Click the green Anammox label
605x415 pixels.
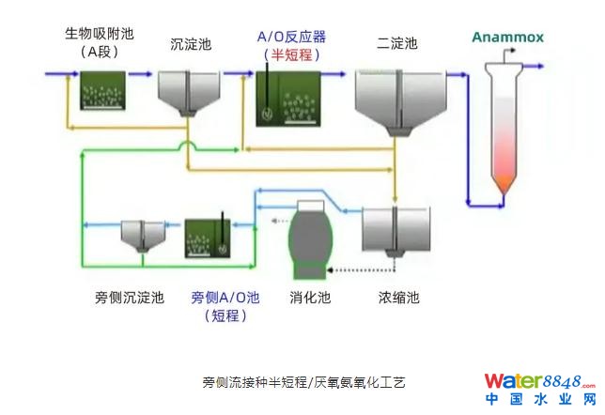point(507,38)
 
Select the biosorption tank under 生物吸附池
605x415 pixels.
point(101,88)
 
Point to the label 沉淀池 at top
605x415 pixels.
point(191,43)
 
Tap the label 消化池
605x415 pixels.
point(310,298)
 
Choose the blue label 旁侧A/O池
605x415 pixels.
point(225,298)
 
